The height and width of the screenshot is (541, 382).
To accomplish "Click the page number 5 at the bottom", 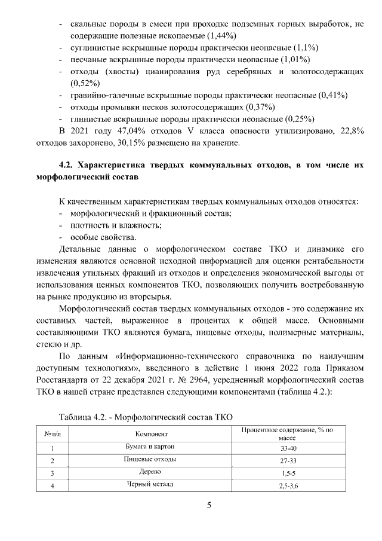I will coord(209,505).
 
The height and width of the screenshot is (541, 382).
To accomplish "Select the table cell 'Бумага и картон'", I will coord(150,447).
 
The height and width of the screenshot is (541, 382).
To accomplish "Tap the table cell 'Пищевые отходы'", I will coord(150,459).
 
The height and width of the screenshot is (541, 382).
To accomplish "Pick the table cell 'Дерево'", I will coord(150,472).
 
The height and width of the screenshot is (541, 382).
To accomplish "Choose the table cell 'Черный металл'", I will coord(150,484).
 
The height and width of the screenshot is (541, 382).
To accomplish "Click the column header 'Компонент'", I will coord(150,433).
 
